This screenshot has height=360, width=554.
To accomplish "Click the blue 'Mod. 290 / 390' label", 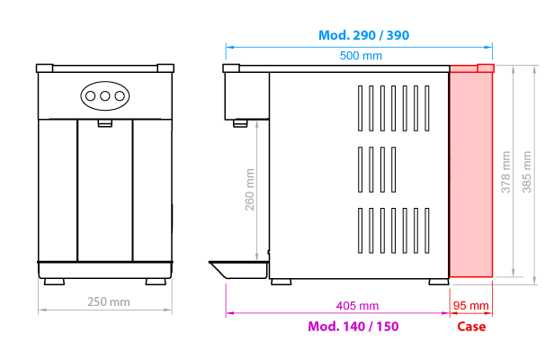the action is (x=363, y=35).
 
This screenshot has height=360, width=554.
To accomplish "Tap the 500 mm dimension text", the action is (x=361, y=56).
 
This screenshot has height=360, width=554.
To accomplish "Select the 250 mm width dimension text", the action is (x=109, y=302).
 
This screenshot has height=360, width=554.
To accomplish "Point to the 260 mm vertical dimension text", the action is (x=250, y=190).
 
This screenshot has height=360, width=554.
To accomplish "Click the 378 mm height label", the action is (x=506, y=172).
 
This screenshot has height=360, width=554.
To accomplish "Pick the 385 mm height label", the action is (x=527, y=172).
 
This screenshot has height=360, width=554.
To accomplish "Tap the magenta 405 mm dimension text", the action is (x=357, y=305).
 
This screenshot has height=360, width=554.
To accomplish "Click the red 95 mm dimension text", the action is (x=471, y=305).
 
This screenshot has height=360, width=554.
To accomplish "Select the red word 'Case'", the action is (x=471, y=327).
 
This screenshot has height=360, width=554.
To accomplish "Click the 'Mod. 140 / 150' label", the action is (x=353, y=327).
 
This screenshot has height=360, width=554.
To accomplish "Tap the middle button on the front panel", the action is (x=105, y=95).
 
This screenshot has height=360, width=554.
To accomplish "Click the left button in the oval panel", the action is (x=91, y=95).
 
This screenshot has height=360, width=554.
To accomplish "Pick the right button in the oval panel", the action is (x=120, y=95).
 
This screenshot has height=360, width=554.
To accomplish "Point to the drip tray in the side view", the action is (x=239, y=269).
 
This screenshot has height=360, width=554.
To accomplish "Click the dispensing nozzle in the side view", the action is (x=240, y=123).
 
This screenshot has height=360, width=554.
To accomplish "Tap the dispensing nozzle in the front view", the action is (x=105, y=123).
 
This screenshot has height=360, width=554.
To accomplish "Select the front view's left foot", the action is (x=54, y=282).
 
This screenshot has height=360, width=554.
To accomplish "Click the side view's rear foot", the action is (x=439, y=282).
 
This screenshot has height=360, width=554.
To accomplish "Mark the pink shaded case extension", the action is (x=471, y=171).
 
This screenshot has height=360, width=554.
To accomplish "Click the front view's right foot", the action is (x=156, y=282).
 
